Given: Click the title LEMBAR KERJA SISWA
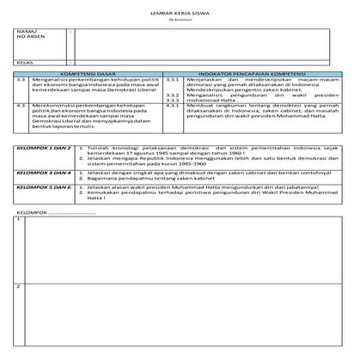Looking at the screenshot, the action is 180,15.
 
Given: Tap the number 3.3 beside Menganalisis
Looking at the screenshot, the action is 20,81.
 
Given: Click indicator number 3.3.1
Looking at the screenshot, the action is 171,81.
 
